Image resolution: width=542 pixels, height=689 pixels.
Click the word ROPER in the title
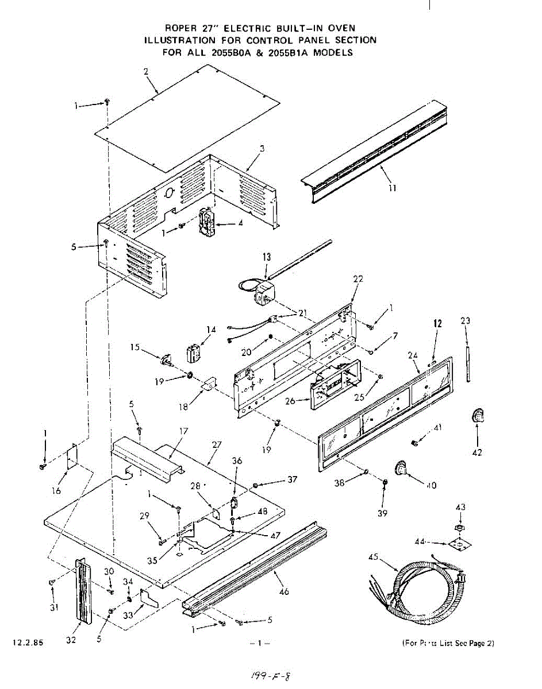[179, 28]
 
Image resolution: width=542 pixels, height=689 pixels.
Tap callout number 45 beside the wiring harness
[374, 557]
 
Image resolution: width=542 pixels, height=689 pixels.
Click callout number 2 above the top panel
[146, 71]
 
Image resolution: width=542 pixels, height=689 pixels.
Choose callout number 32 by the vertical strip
[71, 641]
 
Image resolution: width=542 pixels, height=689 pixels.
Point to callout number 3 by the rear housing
[262, 149]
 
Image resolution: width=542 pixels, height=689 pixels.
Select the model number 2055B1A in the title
[292, 52]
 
